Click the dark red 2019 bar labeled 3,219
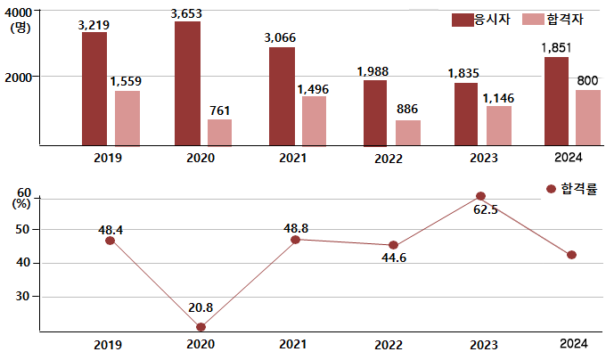(94, 88)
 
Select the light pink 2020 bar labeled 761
(219, 132)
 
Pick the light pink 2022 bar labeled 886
(408, 132)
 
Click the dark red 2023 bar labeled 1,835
(465, 114)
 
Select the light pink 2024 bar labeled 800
(587, 117)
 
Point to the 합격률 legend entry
(570, 189)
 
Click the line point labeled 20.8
(201, 327)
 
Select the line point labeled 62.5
(481, 196)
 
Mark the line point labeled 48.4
(110, 241)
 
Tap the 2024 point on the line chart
(571, 255)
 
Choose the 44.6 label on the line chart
(392, 259)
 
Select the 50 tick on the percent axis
(23, 229)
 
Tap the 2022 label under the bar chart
(389, 159)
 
